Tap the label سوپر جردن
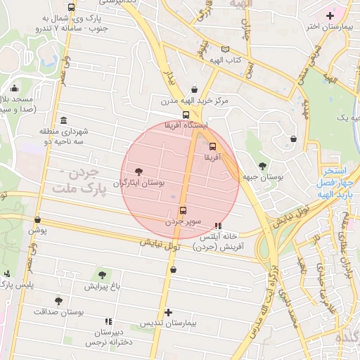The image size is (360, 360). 184,221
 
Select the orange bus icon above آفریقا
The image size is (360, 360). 212,147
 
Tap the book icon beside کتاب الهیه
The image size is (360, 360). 225,49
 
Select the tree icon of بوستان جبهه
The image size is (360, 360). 262,166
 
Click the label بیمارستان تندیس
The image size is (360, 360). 167,323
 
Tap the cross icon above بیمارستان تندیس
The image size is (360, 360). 167,312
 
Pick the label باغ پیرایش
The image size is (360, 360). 103,286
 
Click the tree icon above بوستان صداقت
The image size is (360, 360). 58,300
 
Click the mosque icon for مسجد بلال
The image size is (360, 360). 15,89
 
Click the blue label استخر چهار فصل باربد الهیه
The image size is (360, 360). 333,182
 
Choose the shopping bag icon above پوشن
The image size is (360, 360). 37,219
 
